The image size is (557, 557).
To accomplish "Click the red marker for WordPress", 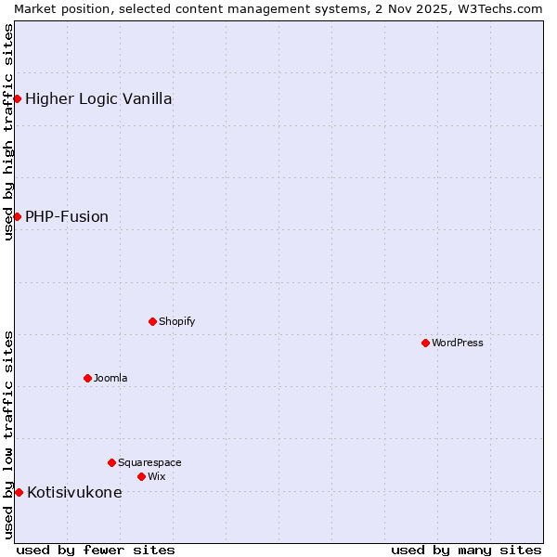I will pyautogui.click(x=425, y=343).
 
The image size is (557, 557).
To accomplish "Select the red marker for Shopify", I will pyautogui.click(x=152, y=321).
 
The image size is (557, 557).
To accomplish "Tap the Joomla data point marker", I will pyautogui.click(x=87, y=378).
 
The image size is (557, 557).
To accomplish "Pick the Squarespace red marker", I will pyautogui.click(x=111, y=462).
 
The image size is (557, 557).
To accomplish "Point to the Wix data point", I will pyautogui.click(x=141, y=476).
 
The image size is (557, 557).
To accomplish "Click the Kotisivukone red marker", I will pyautogui.click(x=19, y=492).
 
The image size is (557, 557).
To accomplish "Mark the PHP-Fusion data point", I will pyautogui.click(x=17, y=216).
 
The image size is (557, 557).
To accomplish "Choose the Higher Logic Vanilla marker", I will pyautogui.click(x=17, y=98).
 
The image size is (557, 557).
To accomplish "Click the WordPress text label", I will pyautogui.click(x=458, y=343).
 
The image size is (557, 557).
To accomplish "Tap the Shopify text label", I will pyautogui.click(x=176, y=321).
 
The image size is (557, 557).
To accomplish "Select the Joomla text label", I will pyautogui.click(x=110, y=378).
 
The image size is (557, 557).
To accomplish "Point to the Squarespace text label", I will pyautogui.click(x=149, y=462).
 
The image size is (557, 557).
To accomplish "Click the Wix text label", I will pyautogui.click(x=156, y=476).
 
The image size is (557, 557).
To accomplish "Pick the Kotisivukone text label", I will pyautogui.click(x=74, y=492).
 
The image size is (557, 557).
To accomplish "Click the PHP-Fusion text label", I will pyautogui.click(x=67, y=216).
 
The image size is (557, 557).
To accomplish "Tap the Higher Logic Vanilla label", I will pyautogui.click(x=98, y=98).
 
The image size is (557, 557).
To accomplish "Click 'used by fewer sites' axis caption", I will pyautogui.click(x=96, y=550).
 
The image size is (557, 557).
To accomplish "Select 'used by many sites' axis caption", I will pyautogui.click(x=466, y=550).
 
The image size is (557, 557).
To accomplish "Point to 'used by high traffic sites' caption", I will pyautogui.click(x=8, y=132).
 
